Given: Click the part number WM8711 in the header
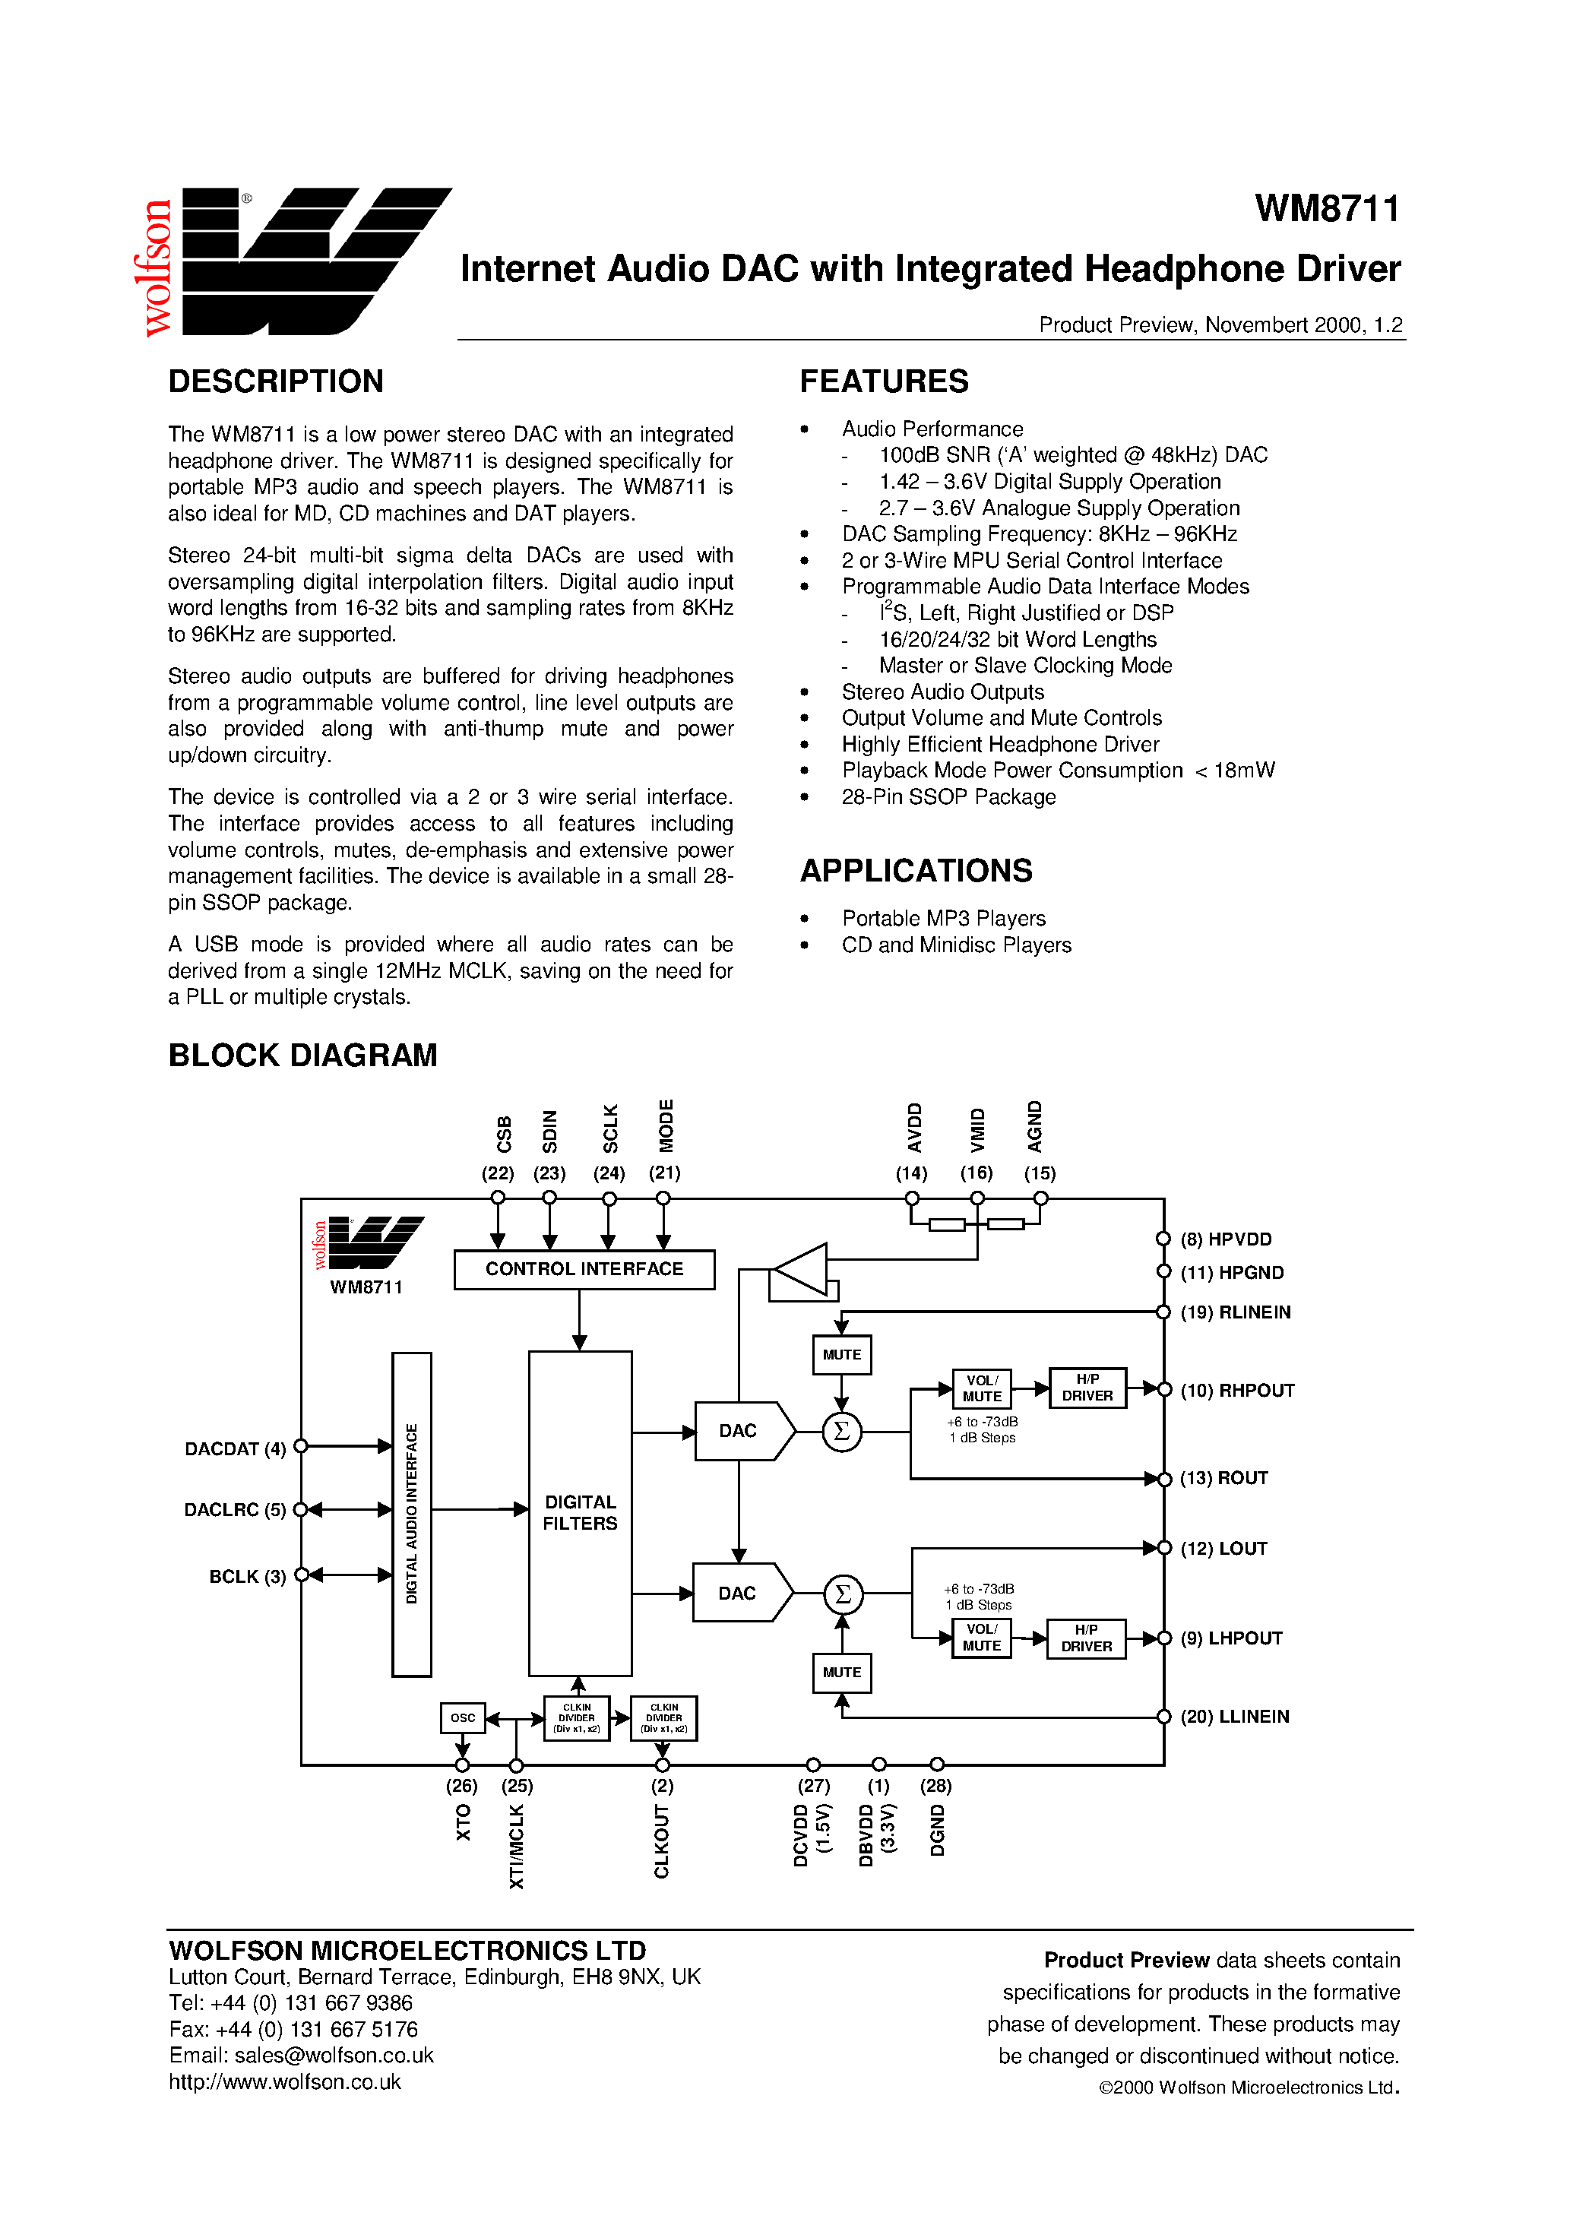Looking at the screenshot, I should pos(1326,209).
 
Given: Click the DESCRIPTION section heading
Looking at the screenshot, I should pos(276,381).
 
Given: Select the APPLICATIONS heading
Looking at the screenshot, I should pos(916,870).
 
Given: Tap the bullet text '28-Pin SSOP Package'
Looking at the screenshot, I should pos(948,796).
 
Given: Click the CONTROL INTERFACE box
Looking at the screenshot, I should pos(584,1269).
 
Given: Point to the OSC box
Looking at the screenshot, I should pos(463,1717).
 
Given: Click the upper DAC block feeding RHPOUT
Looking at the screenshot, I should pos(739,1430).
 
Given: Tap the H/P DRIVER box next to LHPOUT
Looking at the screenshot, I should pos(1086,1638).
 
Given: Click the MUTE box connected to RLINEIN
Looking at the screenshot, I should pos(841,1355).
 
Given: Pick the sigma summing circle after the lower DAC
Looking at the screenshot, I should pos(842,1593).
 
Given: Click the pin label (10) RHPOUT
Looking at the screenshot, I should pos(1236,1390).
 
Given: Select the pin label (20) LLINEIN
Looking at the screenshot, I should pos(1234,1716).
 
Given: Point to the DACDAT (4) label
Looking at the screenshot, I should pos(236,1448).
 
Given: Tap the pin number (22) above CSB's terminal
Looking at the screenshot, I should pos(498,1173).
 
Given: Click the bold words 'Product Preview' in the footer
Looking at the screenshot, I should pos(1125,1960).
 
